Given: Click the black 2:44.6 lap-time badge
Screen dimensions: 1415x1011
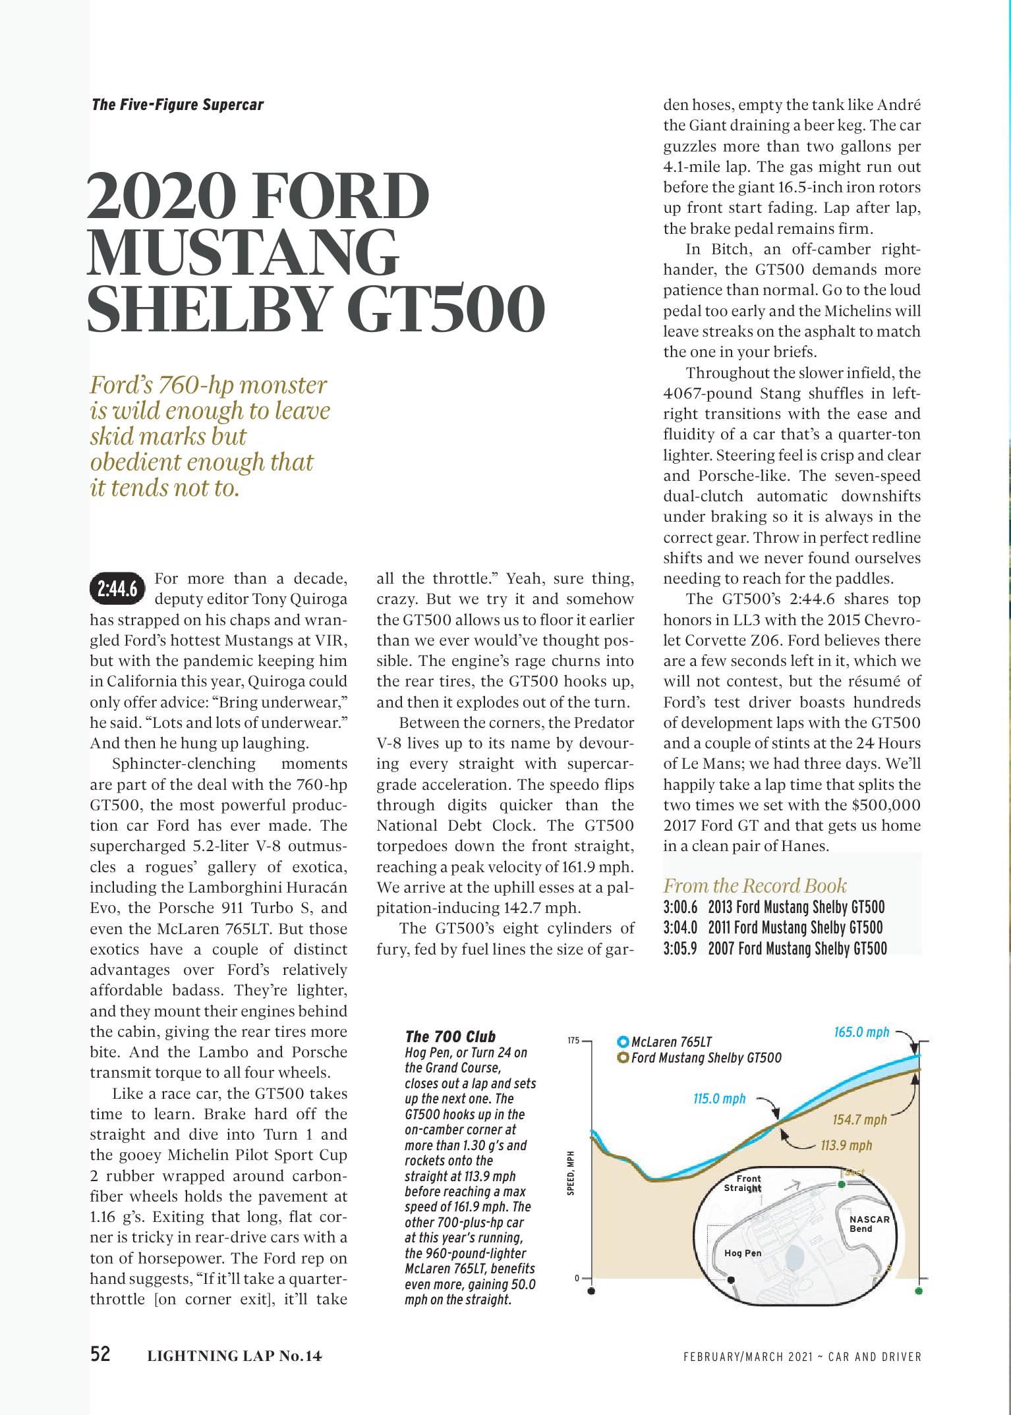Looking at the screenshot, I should coord(117,588).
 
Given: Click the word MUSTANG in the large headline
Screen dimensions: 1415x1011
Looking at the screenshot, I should coord(243,254).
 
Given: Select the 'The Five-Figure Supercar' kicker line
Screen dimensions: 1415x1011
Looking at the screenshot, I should coord(177,105).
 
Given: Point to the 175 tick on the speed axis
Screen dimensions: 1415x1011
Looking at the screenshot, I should coord(573,1041).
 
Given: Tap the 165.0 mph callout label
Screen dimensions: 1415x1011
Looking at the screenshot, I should coord(861,1032).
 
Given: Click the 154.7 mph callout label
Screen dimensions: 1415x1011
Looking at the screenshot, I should coord(860,1120).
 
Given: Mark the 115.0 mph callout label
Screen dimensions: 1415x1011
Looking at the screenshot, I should coord(719,1098).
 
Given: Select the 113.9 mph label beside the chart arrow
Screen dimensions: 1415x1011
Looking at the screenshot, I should coord(846,1145).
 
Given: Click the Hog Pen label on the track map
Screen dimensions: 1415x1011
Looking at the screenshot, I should coord(743,1252).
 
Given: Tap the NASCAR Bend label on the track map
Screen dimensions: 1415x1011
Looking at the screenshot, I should coord(869,1224).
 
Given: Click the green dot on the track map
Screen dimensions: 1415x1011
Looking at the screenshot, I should coord(841,1184).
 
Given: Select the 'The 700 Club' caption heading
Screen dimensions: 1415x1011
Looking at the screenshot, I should coord(450,1036).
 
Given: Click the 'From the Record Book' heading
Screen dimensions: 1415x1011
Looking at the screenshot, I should coord(755,885).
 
